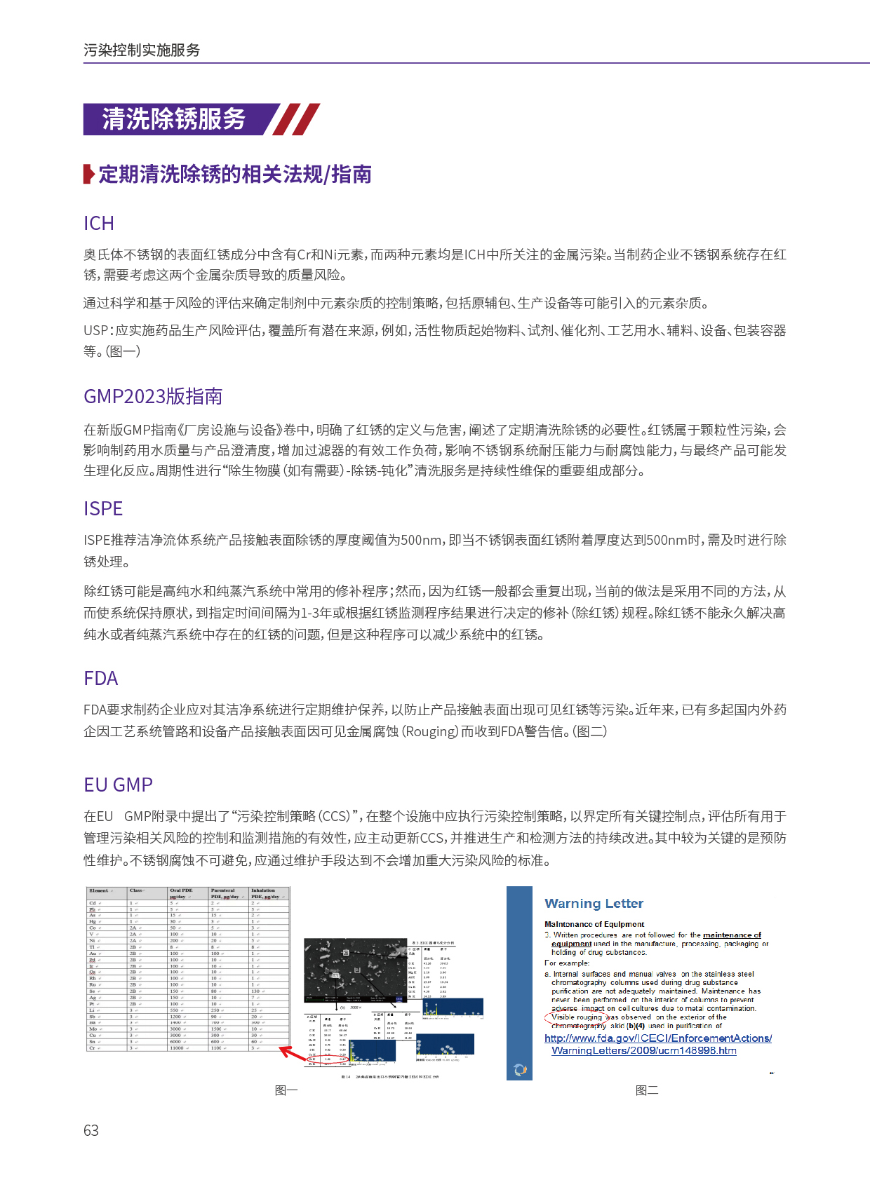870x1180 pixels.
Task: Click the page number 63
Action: point(91,1130)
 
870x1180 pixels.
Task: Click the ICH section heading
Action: point(99,223)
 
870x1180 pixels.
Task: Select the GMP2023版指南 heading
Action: point(153,396)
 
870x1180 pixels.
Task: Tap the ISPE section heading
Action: point(103,508)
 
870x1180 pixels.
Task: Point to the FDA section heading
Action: point(101,678)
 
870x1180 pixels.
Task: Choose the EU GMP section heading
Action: point(118,785)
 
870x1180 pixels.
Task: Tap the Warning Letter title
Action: point(594,903)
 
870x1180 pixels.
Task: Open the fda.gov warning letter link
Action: point(657,1044)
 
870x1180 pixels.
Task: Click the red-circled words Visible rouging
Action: point(577,1017)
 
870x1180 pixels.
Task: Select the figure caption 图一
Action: point(286,1090)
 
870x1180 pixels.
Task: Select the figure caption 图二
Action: point(647,1090)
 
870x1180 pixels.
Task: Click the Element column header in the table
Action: point(99,890)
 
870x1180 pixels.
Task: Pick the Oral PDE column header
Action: point(181,893)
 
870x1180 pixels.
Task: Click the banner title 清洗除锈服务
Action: point(174,119)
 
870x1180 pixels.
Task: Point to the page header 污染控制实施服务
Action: point(142,50)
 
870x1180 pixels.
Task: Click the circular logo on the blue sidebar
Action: point(520,1069)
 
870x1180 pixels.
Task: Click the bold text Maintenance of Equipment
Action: point(594,924)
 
